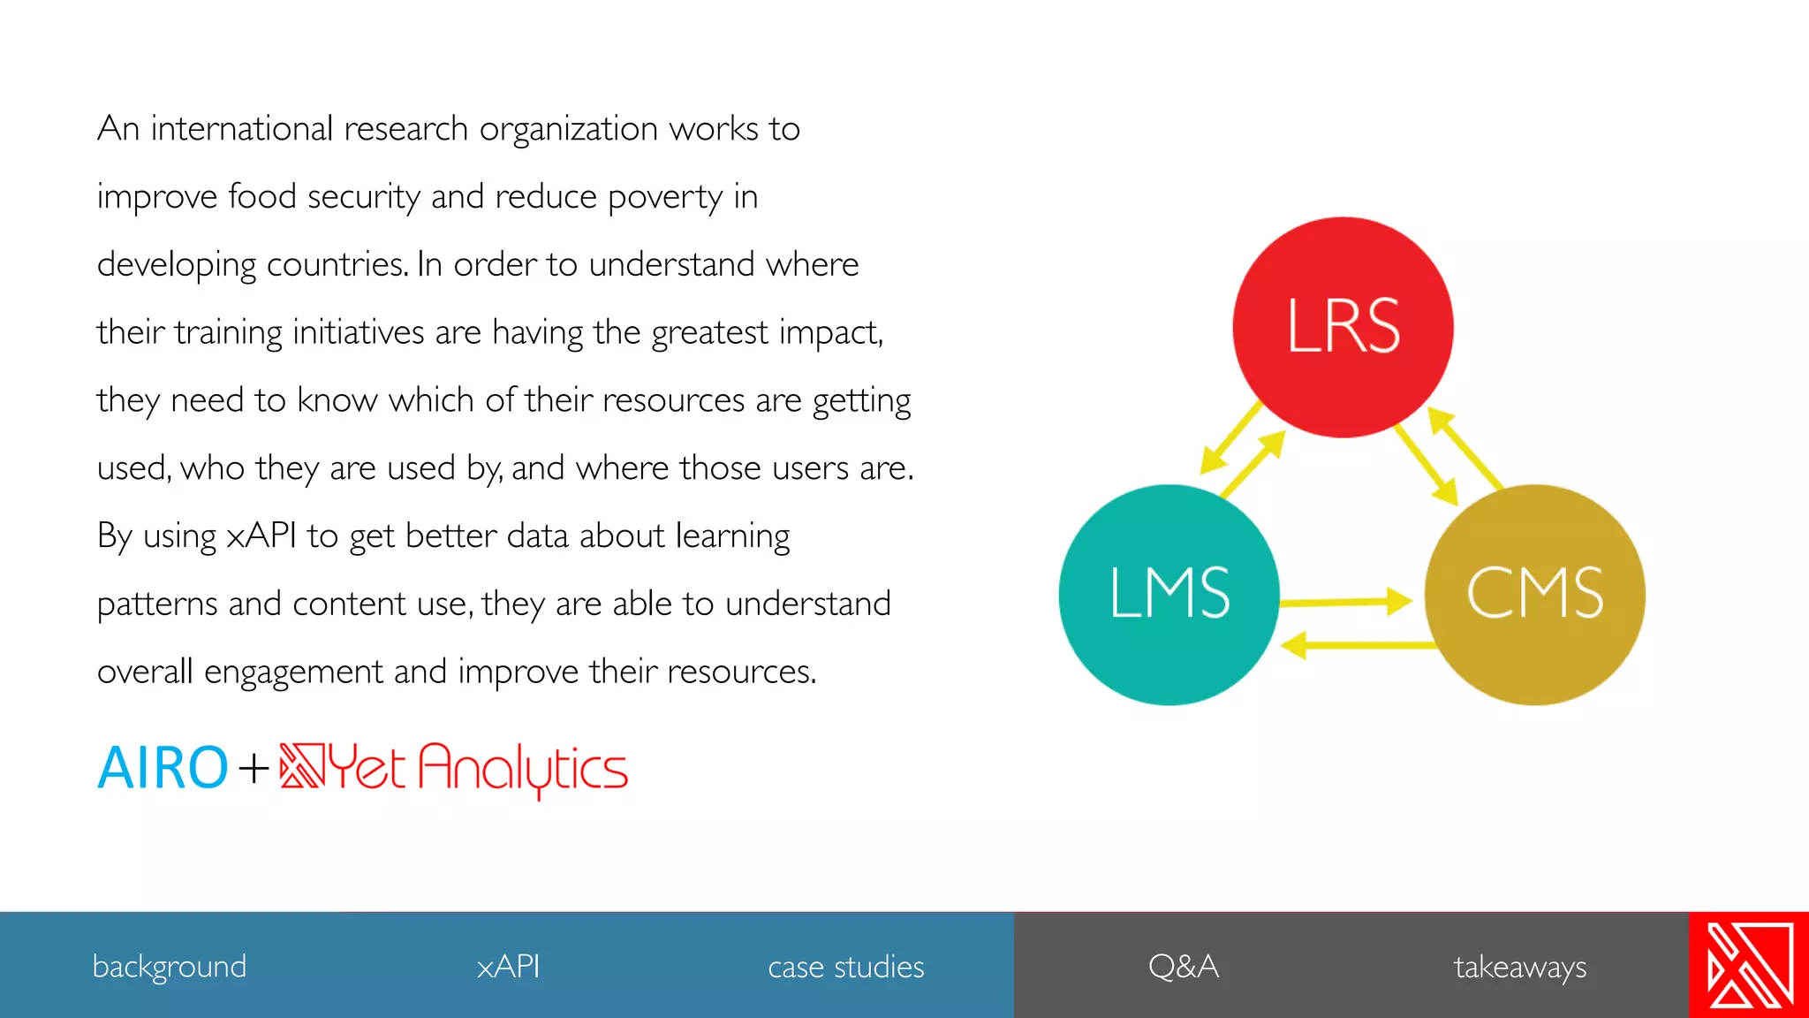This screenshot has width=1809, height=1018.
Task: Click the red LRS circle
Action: coord(1343,327)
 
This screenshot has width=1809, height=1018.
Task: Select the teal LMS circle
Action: coord(1169,595)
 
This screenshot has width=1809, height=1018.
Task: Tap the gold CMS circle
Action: coord(1534,595)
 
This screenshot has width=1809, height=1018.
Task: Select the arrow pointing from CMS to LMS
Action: coord(1356,645)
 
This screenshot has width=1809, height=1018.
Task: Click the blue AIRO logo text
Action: coord(163,767)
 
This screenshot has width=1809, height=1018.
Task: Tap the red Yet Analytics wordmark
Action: coord(477,769)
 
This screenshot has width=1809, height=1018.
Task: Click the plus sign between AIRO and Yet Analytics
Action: coord(254,767)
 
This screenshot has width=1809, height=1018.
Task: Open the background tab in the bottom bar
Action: coord(170,967)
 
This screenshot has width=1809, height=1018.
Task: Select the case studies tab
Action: coord(846,967)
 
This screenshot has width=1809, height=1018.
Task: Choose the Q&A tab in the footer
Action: coord(1184,967)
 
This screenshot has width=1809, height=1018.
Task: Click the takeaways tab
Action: coord(1520,967)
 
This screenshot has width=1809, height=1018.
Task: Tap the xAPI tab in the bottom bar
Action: coord(508,967)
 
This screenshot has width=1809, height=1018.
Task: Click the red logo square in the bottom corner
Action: coord(1749,965)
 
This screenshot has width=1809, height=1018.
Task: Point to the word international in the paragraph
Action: coord(241,129)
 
